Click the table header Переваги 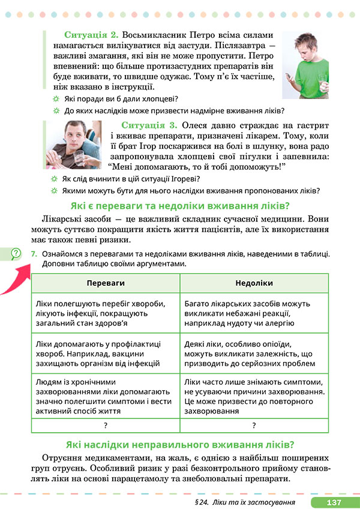(x=105, y=283)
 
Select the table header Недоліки (x=254, y=283)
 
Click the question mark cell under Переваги (x=105, y=425)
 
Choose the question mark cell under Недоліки (x=254, y=425)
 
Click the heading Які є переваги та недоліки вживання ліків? (x=179, y=205)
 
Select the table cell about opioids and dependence (x=254, y=353)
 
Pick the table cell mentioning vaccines (x=105, y=353)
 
